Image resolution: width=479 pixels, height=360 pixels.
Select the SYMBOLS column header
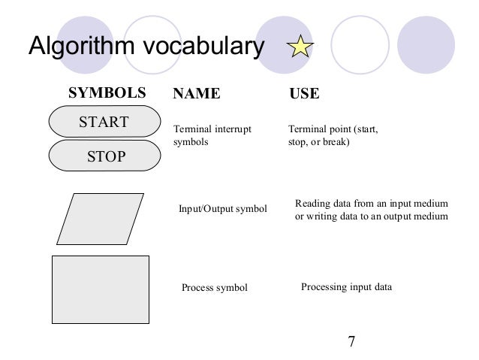107,95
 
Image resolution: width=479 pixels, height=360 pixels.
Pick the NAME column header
197,95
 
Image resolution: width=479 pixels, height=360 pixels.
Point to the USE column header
304,95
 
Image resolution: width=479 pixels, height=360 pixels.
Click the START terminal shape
104,123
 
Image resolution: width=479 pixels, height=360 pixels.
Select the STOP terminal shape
104,157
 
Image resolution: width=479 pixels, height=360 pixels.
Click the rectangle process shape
100,289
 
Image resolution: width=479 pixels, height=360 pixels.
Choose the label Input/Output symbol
223,208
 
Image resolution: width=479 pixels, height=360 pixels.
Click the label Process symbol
215,288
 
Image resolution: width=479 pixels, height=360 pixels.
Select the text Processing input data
346,287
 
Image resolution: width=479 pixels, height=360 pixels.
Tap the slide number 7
351,342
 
